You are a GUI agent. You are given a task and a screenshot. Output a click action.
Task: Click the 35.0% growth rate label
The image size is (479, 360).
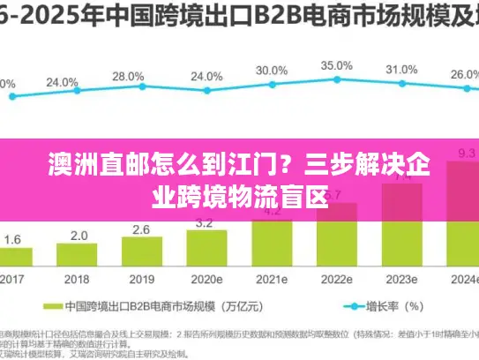click(336, 66)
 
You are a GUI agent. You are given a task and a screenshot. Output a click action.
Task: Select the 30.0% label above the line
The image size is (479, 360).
click(271, 71)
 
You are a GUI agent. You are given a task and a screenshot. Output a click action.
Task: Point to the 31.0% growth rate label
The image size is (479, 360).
click(401, 70)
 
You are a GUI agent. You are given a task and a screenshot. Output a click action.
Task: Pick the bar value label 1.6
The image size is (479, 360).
click(13, 239)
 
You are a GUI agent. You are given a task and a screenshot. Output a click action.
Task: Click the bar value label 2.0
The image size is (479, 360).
click(79, 236)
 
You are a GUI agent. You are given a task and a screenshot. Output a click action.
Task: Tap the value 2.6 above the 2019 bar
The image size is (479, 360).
click(141, 230)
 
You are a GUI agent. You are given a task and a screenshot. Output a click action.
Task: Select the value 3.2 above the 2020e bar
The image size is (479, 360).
click(206, 223)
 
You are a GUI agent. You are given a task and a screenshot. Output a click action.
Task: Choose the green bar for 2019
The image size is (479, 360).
click(141, 251)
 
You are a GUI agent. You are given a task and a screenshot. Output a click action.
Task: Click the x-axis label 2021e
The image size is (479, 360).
click(271, 278)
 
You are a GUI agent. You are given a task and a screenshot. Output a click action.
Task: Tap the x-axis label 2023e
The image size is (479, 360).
click(401, 278)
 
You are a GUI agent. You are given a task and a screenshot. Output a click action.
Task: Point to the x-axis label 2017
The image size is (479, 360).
click(12, 278)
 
